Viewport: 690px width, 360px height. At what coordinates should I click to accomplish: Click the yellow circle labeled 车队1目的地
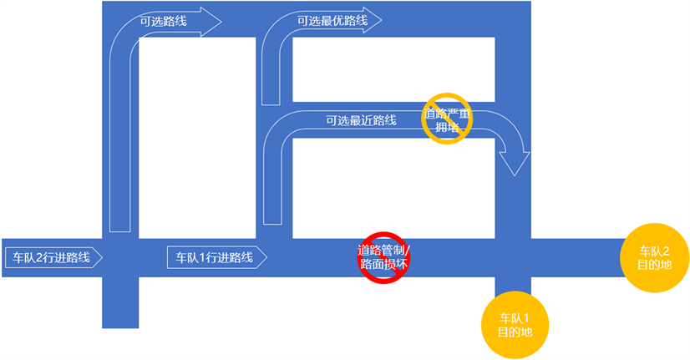pyautogui.click(x=513, y=325)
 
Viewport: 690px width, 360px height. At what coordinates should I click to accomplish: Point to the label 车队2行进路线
pyautogui.click(x=48, y=257)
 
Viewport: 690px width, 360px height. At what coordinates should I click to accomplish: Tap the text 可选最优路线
pyautogui.click(x=332, y=20)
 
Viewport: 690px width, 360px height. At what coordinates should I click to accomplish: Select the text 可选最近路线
pyautogui.click(x=361, y=121)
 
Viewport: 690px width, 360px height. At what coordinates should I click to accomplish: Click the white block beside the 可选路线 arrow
pyautogui.click(x=197, y=134)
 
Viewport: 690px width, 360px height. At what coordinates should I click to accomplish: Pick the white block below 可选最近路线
pyautogui.click(x=393, y=187)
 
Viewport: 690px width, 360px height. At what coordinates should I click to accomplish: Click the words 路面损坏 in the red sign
pyautogui.click(x=383, y=264)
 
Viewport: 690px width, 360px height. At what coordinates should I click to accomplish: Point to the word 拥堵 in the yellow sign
pyautogui.click(x=447, y=128)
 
